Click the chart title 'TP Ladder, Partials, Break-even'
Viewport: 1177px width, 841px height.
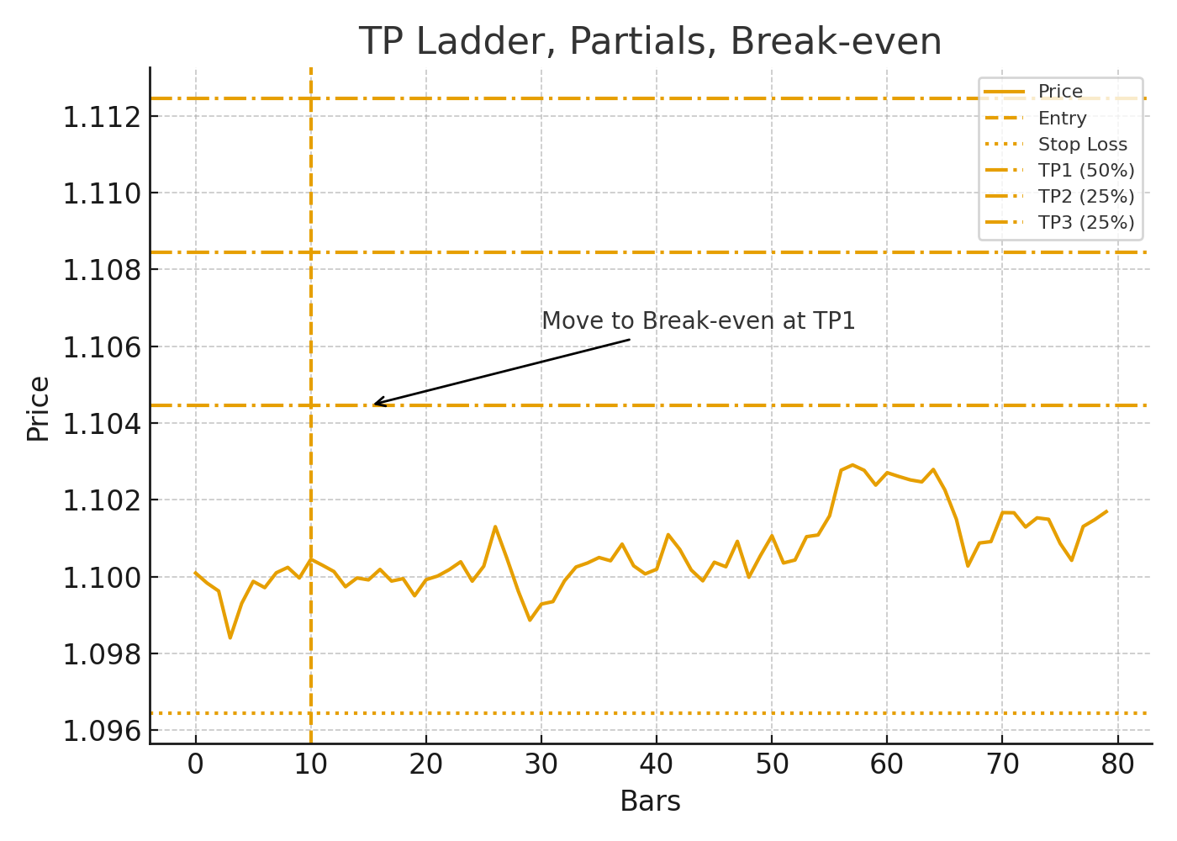pos(650,41)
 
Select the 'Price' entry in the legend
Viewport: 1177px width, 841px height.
pos(1060,92)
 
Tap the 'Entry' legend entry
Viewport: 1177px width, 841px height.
pos(1062,119)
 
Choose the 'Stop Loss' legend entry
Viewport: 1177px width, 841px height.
pos(1082,145)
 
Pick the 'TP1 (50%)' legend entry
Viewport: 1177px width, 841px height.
pos(1086,171)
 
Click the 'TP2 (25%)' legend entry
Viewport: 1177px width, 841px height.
pos(1086,197)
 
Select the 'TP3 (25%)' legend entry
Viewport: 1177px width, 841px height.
pos(1086,223)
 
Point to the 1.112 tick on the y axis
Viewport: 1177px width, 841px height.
pos(100,117)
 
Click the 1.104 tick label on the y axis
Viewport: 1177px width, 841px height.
pos(100,424)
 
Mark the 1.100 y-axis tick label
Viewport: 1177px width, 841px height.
pos(100,578)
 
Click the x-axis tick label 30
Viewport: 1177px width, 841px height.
pos(541,764)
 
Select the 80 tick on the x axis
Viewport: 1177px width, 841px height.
pos(1117,764)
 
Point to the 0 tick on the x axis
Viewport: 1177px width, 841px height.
pos(196,764)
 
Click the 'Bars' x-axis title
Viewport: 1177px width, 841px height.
pos(650,801)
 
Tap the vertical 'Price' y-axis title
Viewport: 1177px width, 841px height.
pos(38,408)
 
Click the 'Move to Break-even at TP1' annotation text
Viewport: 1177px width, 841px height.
pos(698,321)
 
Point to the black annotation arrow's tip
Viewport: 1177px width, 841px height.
pos(374,405)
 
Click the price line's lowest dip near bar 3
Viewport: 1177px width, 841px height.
pos(230,637)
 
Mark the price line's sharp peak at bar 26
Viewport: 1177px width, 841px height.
pos(495,526)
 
